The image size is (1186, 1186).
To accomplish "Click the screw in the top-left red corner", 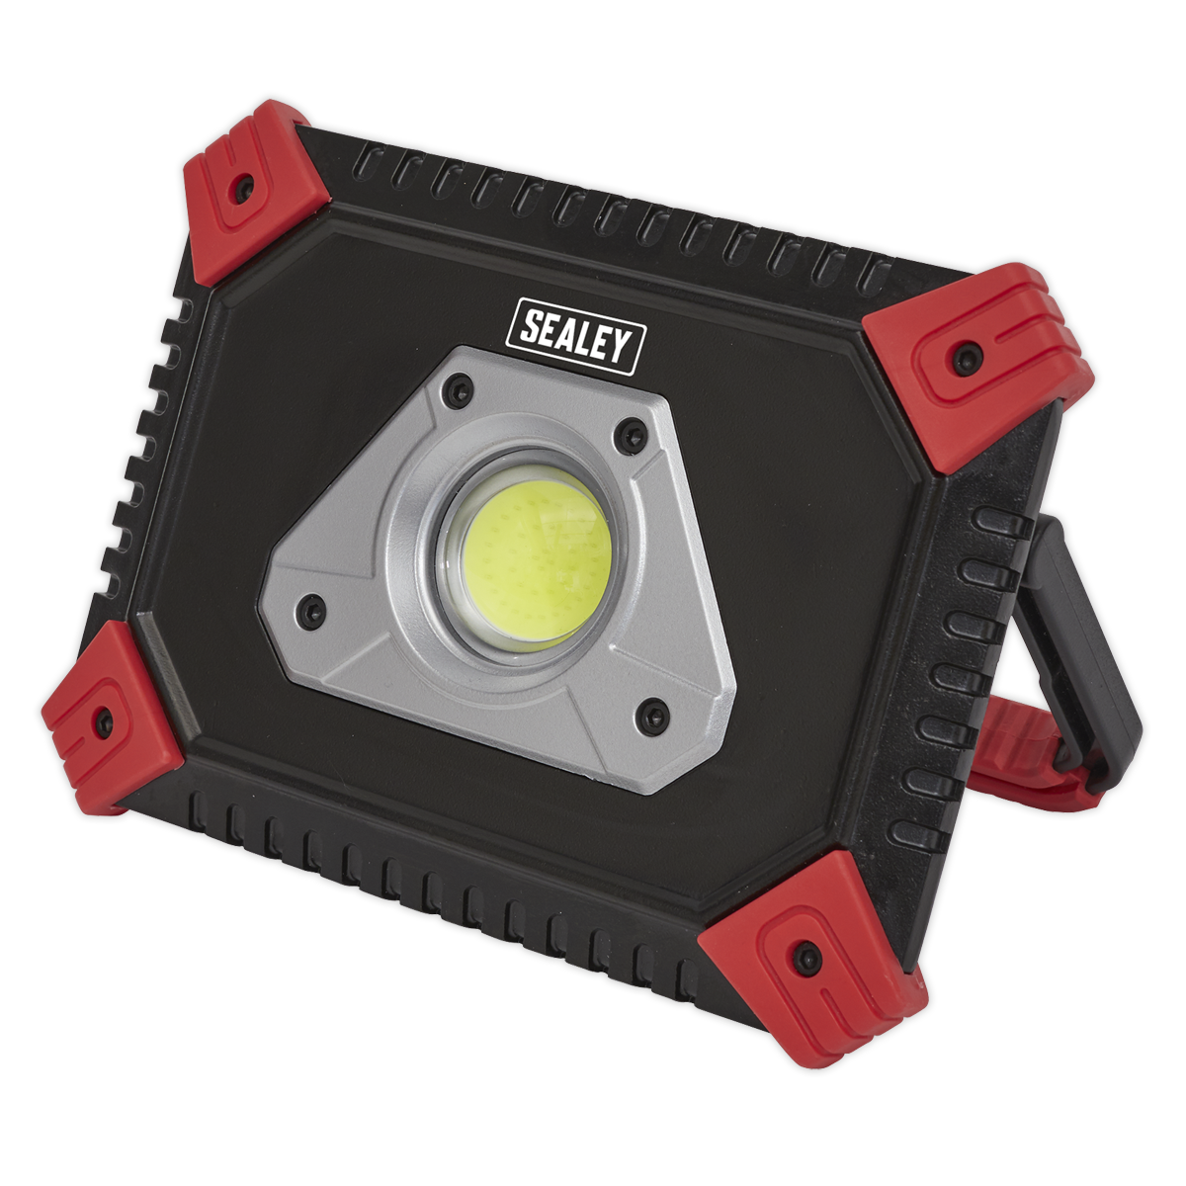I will [x=240, y=184].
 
